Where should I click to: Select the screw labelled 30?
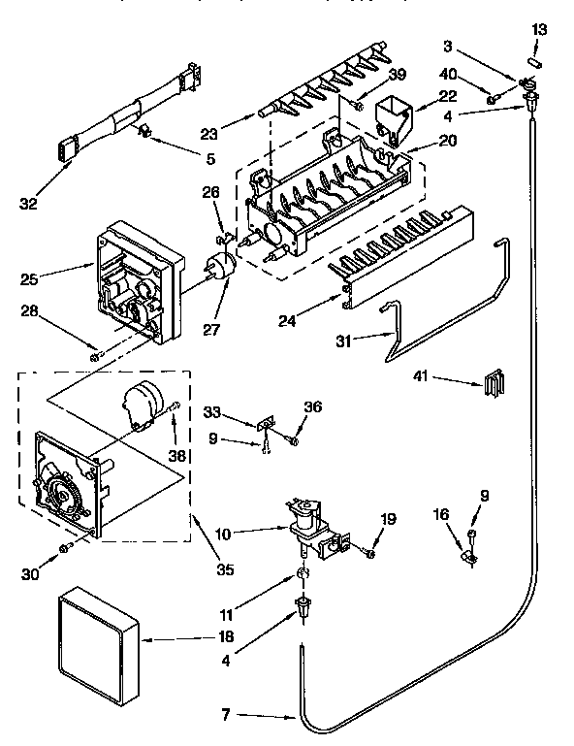tap(66, 548)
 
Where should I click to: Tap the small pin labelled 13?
tap(539, 64)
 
